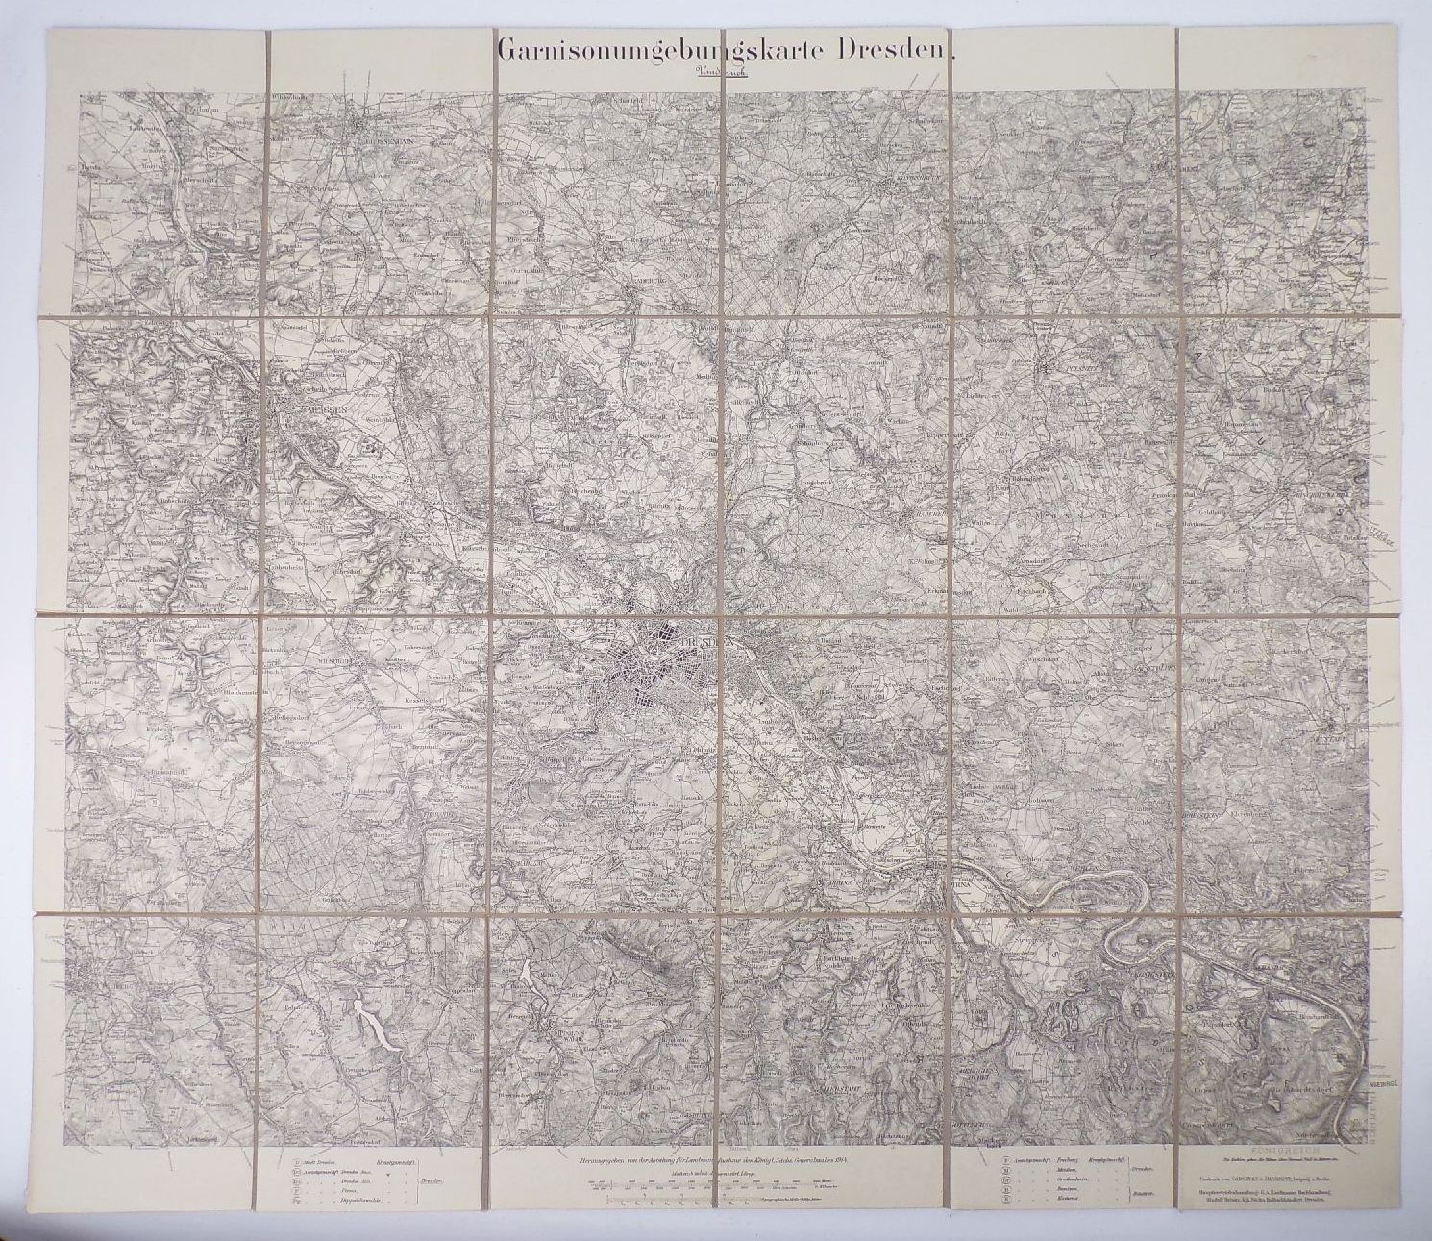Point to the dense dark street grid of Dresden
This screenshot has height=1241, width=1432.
(663, 678)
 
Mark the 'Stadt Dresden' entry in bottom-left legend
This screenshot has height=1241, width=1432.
(317, 1162)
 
